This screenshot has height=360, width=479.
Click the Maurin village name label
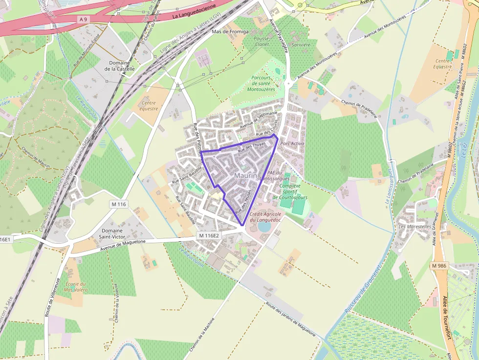click(x=245, y=175)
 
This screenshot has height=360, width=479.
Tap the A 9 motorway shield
click(x=83, y=19)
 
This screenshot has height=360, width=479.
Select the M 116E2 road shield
click(x=209, y=235)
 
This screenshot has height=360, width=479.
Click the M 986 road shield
click(x=439, y=266)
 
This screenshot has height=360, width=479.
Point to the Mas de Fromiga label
click(x=230, y=32)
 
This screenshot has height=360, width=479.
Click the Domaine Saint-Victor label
click(x=112, y=233)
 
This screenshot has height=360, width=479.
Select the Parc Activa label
click(x=292, y=144)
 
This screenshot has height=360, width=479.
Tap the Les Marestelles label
click(x=415, y=227)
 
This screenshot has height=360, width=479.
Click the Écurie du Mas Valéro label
click(x=75, y=287)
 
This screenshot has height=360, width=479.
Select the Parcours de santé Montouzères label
click(x=261, y=84)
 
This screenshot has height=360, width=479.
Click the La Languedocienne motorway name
click(x=195, y=14)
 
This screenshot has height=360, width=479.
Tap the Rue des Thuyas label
click(x=252, y=148)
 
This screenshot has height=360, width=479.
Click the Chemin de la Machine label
click(x=207, y=337)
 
